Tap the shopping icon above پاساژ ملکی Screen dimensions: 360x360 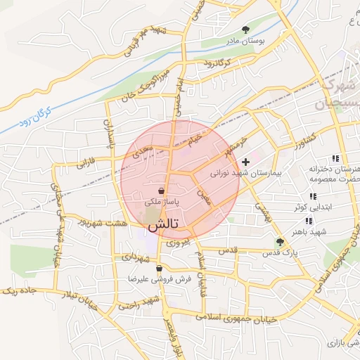[x=162, y=191]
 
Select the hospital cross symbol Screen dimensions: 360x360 [x=245, y=162]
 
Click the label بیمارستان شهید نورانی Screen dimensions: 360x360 [x=246, y=172]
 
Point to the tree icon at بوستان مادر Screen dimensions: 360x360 [x=245, y=30]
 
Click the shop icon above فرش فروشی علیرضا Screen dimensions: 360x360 [x=160, y=268]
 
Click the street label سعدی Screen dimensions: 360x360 [x=145, y=150]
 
